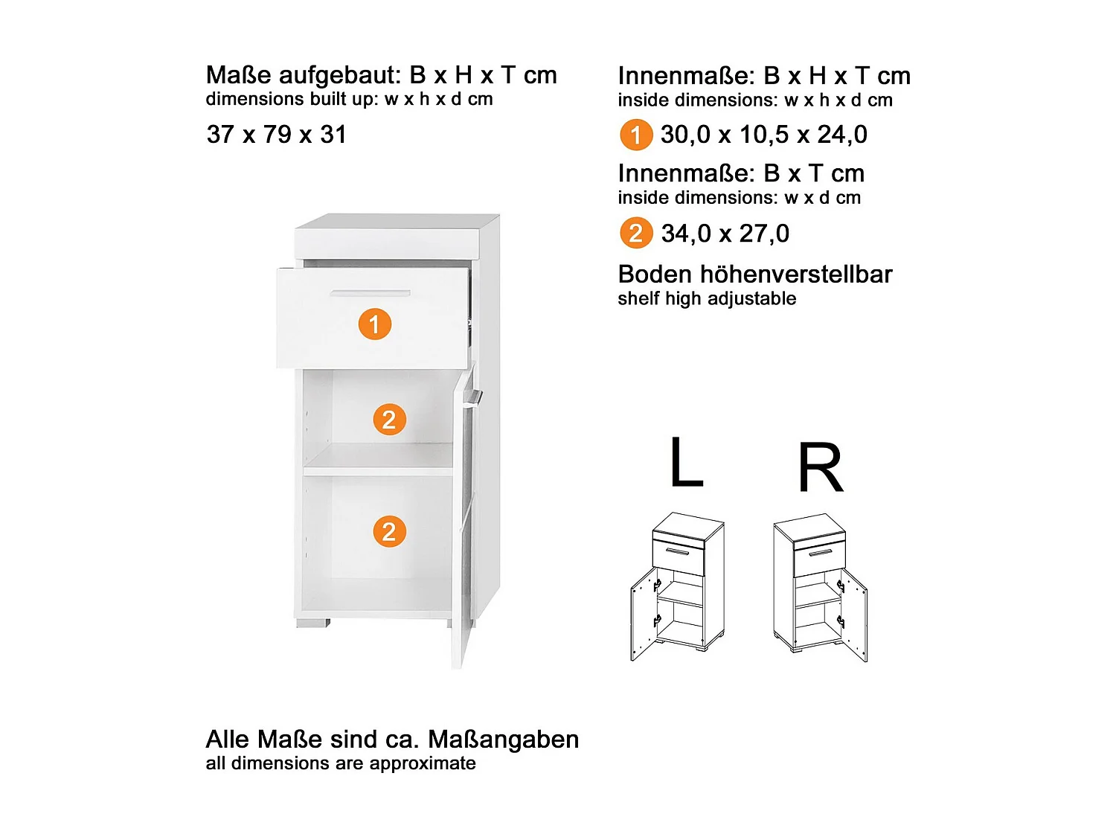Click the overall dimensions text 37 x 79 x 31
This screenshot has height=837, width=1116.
(276, 135)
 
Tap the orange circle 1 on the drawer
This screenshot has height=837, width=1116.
(375, 324)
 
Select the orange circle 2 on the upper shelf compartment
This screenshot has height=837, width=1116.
(389, 420)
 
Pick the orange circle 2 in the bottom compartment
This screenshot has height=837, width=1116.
(389, 532)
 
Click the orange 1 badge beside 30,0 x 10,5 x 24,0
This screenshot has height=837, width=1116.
(635, 135)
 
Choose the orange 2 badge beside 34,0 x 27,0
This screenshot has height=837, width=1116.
(635, 234)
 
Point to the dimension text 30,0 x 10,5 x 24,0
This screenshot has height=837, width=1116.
(763, 135)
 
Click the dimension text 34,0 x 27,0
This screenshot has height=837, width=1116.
(725, 234)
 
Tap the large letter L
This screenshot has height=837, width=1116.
(686, 462)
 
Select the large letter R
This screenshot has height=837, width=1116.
(821, 468)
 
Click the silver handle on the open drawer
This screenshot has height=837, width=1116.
(370, 293)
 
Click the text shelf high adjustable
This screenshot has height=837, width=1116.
(707, 299)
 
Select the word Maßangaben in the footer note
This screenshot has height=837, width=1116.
(504, 740)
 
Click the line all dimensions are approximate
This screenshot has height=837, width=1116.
(341, 763)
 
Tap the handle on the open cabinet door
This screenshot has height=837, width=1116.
(472, 400)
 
